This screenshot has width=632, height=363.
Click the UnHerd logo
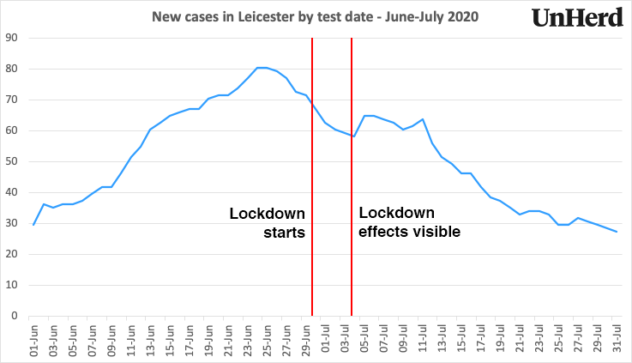point(577,18)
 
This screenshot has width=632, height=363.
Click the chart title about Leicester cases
point(316,16)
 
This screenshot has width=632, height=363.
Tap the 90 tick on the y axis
point(14,38)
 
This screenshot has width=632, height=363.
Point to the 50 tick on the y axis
point(14,161)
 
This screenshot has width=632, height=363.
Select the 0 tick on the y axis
point(16,316)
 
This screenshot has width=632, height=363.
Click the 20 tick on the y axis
point(14,254)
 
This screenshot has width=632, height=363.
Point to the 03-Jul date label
point(346,339)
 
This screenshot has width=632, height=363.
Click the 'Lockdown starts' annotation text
point(267,222)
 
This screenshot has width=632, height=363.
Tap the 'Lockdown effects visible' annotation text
point(409,222)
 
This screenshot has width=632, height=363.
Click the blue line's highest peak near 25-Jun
point(262,68)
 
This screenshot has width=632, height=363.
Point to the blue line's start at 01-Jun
point(33,225)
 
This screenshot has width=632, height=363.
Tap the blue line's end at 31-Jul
point(617,232)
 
